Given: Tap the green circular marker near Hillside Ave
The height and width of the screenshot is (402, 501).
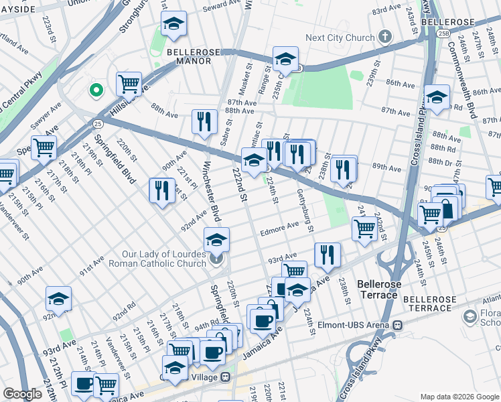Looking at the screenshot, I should [x=96, y=88].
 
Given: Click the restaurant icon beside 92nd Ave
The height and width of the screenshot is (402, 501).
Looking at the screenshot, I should [x=161, y=191].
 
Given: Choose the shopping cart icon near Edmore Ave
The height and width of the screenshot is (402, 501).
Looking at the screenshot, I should [x=364, y=228].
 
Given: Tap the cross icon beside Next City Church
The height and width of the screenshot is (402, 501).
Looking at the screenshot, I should [x=386, y=37].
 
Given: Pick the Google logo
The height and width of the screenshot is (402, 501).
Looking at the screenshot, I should [x=23, y=394].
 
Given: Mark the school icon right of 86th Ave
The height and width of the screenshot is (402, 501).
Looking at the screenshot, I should [x=437, y=98].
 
